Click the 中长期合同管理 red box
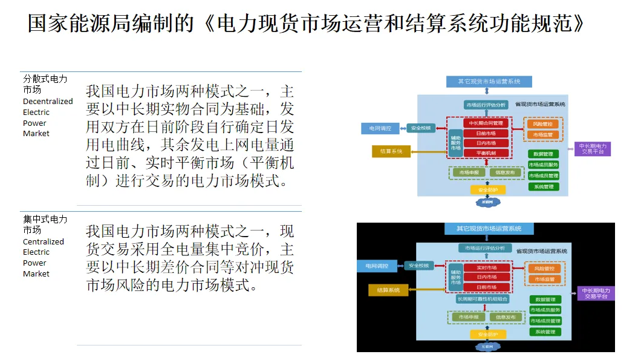[486, 123]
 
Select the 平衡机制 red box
[486, 153]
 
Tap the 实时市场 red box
[486, 267]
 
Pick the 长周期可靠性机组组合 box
[482, 299]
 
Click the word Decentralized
[48, 101]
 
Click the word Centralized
[43, 241]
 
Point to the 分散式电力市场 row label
[45, 84]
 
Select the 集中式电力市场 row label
[45, 224]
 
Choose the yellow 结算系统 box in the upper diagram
[391, 151]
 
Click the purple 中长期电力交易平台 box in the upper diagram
[592, 149]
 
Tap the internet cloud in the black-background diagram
[486, 347]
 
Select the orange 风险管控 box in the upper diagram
[542, 124]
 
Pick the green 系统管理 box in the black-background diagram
[544, 332]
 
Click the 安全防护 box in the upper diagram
[487, 189]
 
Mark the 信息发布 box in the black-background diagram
[506, 317]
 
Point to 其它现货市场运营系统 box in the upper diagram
[489, 81]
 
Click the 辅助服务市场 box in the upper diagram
[455, 143]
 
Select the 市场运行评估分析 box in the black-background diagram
[485, 248]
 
